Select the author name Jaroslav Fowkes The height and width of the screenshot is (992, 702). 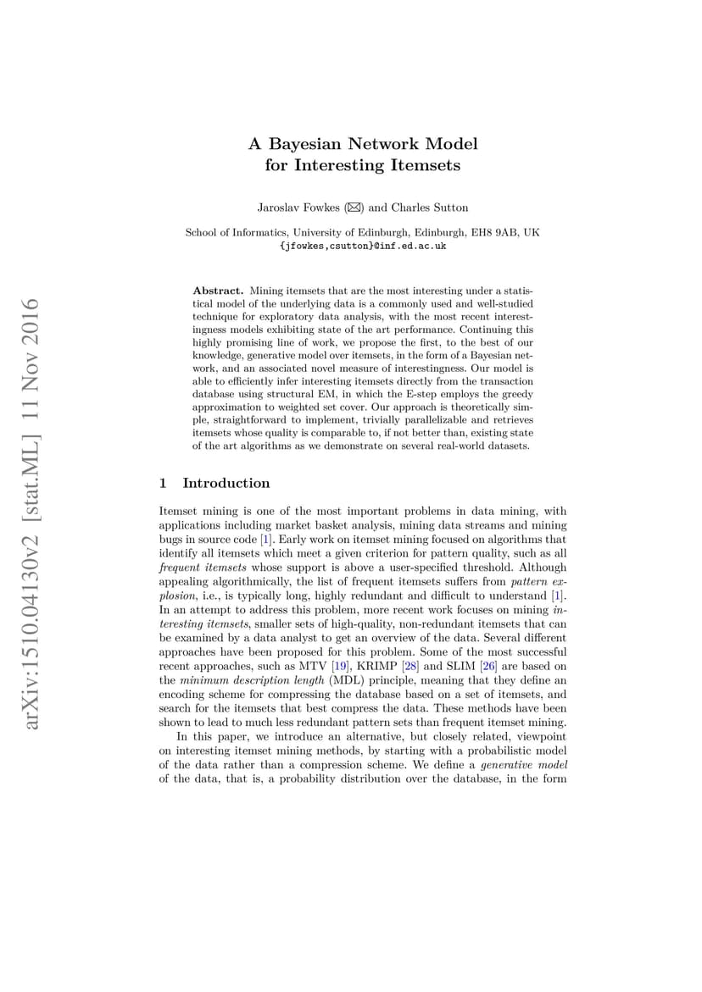(x=293, y=208)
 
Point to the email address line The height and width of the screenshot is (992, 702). (x=362, y=246)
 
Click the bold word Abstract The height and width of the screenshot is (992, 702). (x=219, y=290)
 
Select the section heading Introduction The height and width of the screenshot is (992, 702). (x=226, y=483)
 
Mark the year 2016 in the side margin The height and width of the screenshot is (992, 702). (x=32, y=323)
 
